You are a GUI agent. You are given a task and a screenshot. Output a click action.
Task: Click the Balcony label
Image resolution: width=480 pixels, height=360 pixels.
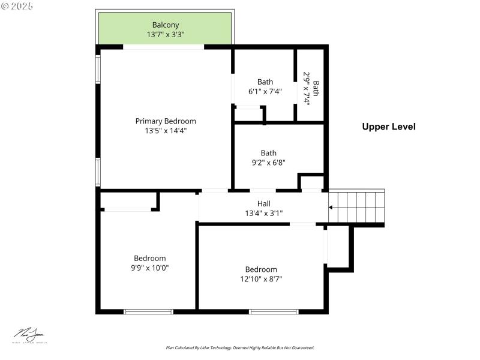165,25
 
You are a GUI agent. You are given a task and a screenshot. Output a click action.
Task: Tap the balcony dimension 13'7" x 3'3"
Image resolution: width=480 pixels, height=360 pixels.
165,35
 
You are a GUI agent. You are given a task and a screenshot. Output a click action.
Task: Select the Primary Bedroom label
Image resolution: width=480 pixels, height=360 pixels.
165,121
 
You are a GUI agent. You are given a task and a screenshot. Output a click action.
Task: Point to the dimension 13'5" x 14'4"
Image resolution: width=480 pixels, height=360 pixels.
165,130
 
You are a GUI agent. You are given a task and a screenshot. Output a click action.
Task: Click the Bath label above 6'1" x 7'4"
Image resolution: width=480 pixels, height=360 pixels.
265,82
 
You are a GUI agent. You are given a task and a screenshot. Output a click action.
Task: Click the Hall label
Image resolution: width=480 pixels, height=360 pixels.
263,203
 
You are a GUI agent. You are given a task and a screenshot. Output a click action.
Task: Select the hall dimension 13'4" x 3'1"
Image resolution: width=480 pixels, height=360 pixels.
263,212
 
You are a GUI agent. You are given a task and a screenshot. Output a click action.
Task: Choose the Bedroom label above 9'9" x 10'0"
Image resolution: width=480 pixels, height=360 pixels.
149,259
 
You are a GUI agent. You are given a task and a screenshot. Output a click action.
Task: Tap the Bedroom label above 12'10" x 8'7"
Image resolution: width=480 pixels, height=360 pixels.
261,269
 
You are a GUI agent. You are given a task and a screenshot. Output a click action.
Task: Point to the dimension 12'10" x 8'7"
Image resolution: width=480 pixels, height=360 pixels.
261,278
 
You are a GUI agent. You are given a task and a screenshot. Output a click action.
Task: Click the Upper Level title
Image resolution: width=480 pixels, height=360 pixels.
388,127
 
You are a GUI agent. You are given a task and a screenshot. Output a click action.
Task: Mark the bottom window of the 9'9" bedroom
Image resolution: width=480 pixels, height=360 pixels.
148,311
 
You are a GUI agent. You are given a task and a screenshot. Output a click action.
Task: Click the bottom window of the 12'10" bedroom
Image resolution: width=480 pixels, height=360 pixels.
274,311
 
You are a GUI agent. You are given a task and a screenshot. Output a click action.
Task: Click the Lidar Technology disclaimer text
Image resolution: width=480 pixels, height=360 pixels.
239,347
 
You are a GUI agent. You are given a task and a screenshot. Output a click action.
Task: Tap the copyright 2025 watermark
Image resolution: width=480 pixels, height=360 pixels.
17,5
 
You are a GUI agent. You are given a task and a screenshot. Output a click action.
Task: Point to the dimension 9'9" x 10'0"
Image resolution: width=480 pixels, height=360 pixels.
149,268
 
